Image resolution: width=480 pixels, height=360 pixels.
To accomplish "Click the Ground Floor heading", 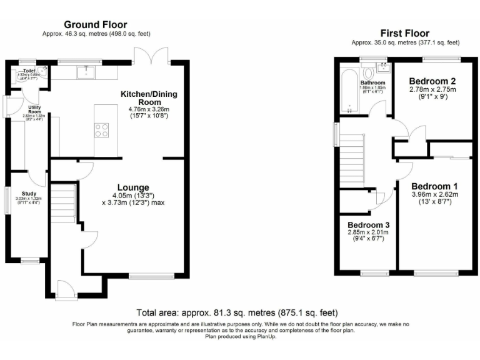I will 96,24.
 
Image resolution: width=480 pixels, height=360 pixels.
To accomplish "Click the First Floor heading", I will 405,33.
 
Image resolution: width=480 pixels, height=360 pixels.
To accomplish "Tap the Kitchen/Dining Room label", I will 149,97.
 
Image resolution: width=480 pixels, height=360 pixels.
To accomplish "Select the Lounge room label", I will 132,187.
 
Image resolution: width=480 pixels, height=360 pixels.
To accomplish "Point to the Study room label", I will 29,194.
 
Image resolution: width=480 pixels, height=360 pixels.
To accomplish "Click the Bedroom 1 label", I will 434,186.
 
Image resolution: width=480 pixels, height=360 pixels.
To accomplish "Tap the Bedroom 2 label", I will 432,81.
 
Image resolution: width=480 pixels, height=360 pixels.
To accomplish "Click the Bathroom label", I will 372,82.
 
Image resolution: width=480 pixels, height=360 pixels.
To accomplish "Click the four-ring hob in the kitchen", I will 101,131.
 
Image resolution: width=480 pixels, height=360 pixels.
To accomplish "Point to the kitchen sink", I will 85,72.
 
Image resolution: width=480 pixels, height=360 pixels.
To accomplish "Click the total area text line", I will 237,312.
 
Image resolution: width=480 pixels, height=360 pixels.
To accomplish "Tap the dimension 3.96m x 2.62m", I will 434,194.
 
